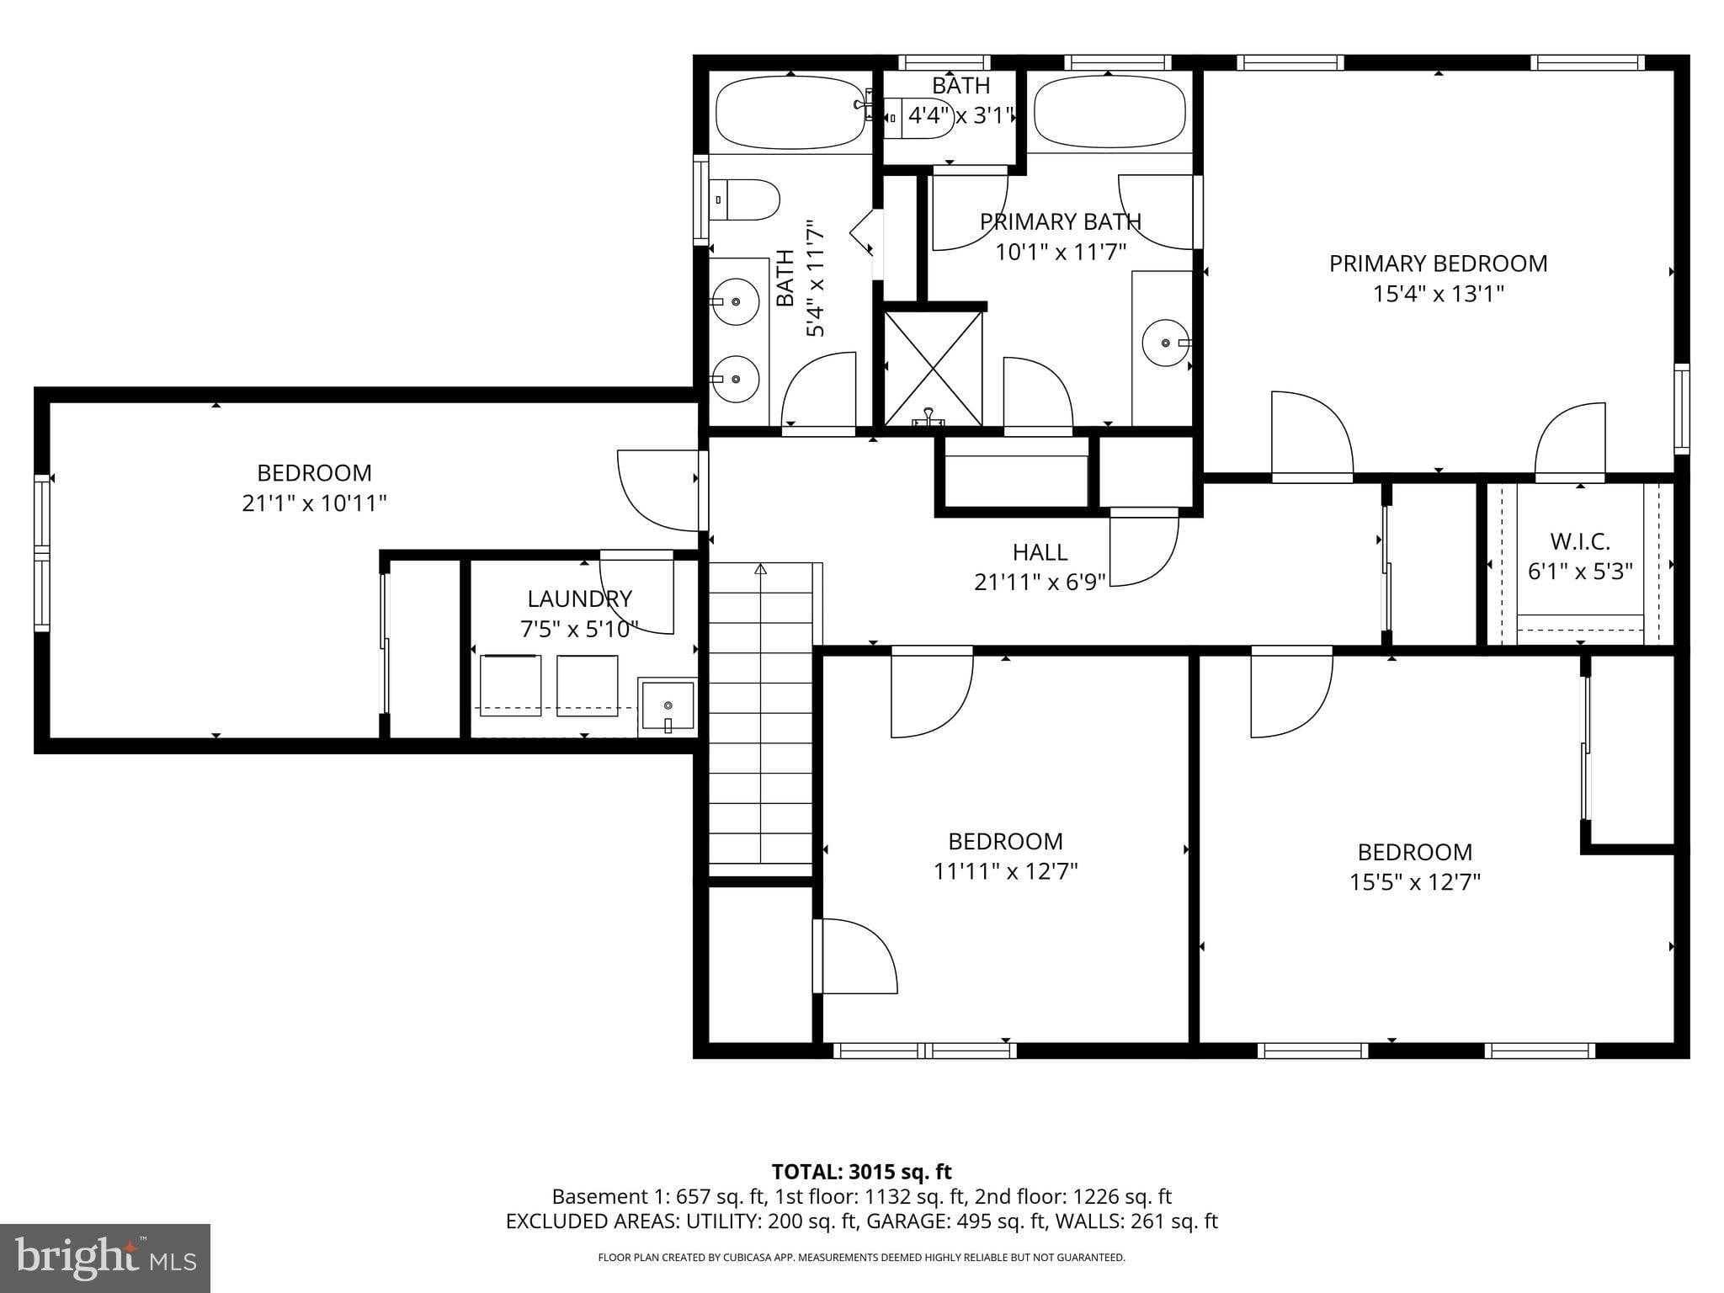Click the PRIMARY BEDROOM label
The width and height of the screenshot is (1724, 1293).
(x=1438, y=263)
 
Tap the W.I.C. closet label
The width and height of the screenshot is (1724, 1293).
(x=1579, y=540)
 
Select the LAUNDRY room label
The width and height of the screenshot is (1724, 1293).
(x=579, y=599)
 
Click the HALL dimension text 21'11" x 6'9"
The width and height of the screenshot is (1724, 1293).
(x=1040, y=582)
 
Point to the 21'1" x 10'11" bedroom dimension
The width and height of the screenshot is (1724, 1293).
(x=314, y=503)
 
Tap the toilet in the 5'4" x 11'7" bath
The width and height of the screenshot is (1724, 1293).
(x=746, y=200)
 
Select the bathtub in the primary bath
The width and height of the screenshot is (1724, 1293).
(x=1109, y=112)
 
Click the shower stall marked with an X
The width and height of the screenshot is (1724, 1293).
(x=933, y=367)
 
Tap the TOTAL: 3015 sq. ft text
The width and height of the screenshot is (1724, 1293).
(x=861, y=1172)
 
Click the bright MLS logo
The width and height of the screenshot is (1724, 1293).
(x=105, y=1258)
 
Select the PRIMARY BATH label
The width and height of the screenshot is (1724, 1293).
(x=1060, y=221)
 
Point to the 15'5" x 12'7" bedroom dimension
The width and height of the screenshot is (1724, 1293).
(x=1414, y=882)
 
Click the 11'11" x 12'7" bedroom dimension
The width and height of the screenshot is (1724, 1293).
(x=1005, y=870)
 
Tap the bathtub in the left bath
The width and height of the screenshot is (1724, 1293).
(x=790, y=112)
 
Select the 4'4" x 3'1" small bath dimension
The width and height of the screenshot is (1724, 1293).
(x=960, y=115)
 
